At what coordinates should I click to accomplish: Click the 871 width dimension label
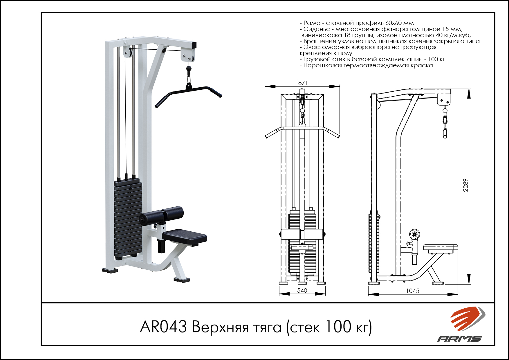tap(303, 83)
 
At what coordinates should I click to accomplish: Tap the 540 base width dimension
tap(302, 291)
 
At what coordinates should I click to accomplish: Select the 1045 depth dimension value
tap(413, 291)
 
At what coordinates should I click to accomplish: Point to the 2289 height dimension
tap(465, 185)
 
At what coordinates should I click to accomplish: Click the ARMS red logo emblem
tap(467, 319)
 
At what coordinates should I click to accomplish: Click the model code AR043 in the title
tap(163, 327)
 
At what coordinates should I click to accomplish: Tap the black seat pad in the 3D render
tap(185, 237)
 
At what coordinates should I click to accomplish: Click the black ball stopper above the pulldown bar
tap(189, 69)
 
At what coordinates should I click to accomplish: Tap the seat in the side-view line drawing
tap(441, 248)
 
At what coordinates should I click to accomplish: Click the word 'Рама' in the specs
tap(312, 23)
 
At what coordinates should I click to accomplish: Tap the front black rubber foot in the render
tap(182, 280)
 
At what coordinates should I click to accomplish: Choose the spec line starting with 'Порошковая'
tap(366, 66)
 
